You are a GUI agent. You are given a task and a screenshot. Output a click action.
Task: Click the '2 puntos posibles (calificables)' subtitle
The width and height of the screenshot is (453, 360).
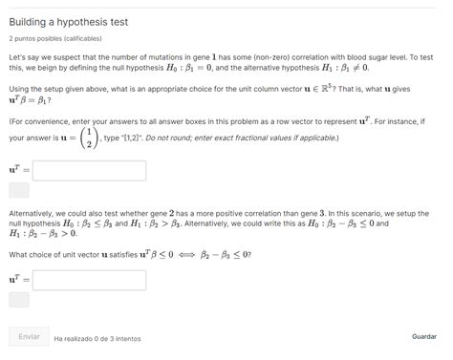click(x=54, y=39)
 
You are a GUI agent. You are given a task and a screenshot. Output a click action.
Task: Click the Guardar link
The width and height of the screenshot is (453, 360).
click(x=423, y=337)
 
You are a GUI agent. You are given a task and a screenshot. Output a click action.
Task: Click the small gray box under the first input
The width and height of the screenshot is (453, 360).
click(x=19, y=190)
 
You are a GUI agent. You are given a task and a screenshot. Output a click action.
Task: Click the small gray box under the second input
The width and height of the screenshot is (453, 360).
click(x=19, y=300)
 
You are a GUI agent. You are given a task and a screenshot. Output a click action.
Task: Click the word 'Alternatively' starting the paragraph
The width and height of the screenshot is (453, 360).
click(x=32, y=215)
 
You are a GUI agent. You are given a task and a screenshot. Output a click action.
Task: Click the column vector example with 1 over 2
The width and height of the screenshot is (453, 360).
click(x=89, y=138)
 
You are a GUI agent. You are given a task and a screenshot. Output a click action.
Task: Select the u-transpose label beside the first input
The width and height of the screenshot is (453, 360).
click(x=18, y=170)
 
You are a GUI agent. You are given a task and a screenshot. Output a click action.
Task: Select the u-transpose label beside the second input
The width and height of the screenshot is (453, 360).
click(x=18, y=280)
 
